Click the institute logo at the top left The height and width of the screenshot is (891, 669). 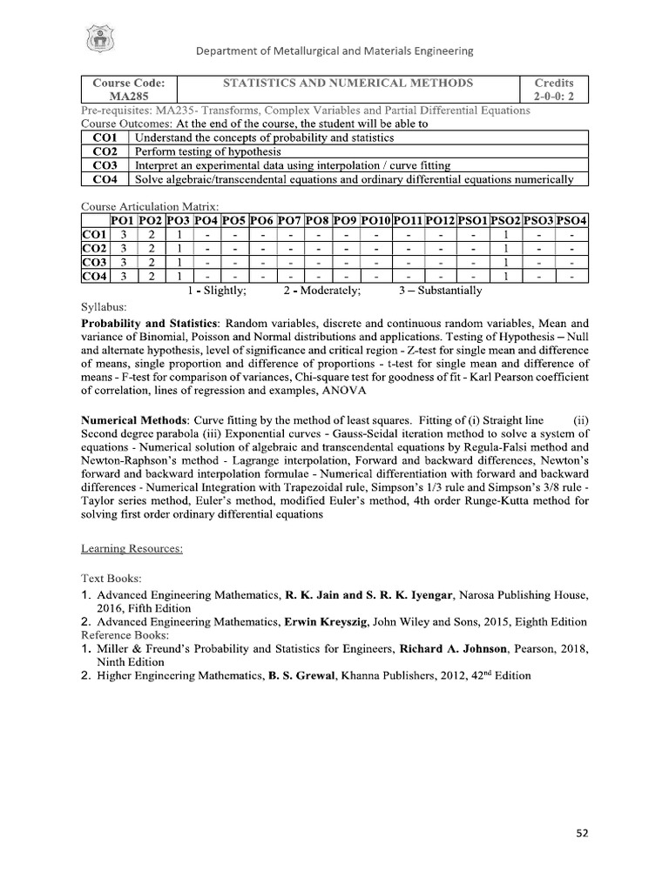point(98,40)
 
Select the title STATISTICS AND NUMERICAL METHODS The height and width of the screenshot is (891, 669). point(348,83)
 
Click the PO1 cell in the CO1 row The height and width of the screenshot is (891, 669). point(125,235)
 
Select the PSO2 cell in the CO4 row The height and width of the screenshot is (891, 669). point(506,277)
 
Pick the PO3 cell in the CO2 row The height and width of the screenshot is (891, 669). point(179,249)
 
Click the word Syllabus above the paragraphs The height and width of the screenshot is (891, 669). point(104,307)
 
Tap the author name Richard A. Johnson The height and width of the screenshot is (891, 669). point(454,648)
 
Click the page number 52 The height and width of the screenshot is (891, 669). point(583,833)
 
